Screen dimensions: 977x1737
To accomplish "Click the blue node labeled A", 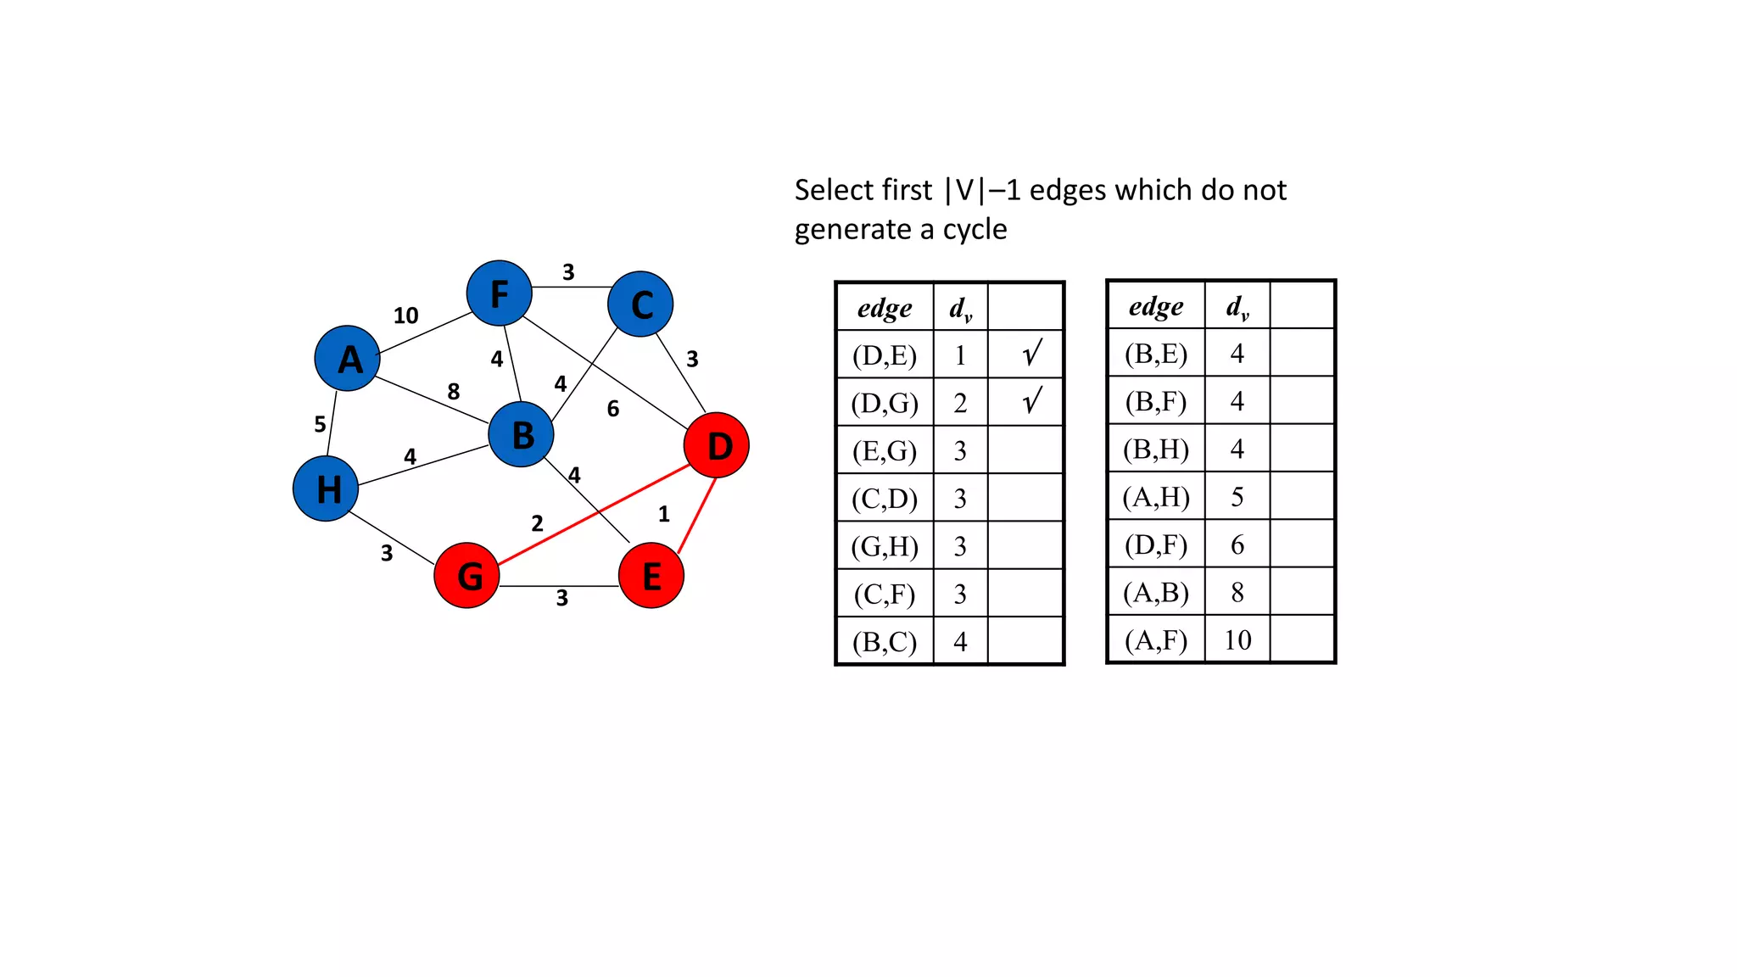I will click(347, 359).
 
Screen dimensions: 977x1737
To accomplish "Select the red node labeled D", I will click(717, 445).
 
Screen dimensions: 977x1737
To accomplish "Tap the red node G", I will click(466, 576).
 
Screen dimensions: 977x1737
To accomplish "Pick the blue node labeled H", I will click(326, 488).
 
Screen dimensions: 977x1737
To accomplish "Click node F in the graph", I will click(500, 293).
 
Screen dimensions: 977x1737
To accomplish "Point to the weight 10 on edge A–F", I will click(405, 315).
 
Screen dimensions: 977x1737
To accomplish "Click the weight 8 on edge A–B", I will click(454, 391).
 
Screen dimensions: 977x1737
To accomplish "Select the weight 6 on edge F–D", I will click(613, 409).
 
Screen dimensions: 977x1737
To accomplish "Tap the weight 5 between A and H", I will click(320, 424).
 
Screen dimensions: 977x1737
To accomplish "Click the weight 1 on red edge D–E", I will click(664, 514).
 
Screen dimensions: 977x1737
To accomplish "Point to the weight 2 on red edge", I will click(537, 523).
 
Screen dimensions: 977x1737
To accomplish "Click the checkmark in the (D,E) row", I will click(1031, 354).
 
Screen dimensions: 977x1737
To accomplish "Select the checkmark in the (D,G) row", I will click(1031, 401).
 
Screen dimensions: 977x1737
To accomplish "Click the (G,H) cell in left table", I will click(885, 546).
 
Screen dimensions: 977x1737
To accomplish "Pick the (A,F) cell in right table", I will click(1156, 639).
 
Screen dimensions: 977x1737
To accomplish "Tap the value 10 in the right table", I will click(1237, 639).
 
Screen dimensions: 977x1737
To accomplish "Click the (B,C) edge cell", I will click(885, 642).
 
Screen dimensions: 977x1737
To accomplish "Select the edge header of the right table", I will click(1156, 306).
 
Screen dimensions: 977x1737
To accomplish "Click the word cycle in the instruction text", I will click(975, 230).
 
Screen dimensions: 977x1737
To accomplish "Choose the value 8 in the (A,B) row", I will click(1237, 592).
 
